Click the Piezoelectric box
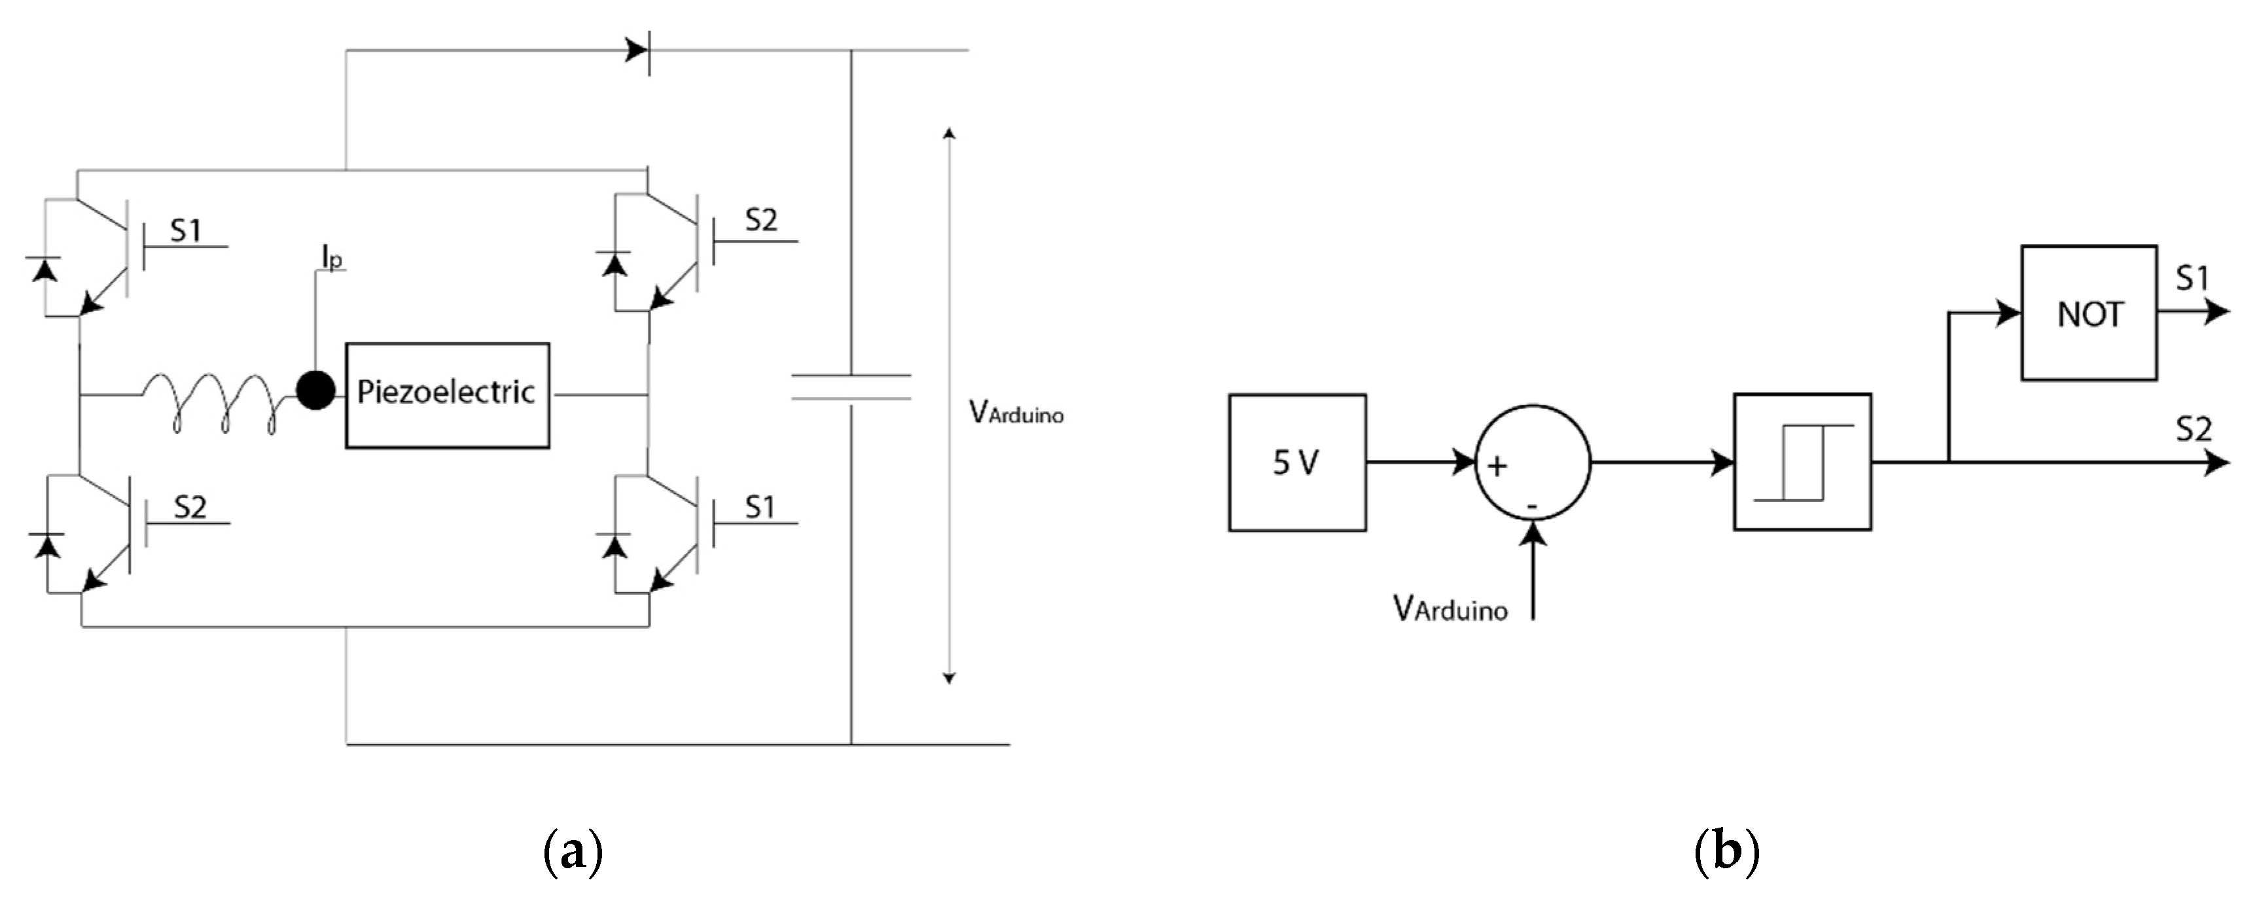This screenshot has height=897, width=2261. coord(447,395)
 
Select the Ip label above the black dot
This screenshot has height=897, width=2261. coord(332,258)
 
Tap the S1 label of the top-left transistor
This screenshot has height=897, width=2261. coord(185,231)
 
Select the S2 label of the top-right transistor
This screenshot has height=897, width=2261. coord(760,220)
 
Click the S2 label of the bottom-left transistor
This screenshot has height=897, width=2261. coord(190,507)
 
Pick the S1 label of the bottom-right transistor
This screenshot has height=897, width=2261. coord(760,507)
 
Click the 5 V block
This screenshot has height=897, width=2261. coord(1296,463)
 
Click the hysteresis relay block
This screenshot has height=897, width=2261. coord(1802,462)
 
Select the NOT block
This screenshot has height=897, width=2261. coord(2088,313)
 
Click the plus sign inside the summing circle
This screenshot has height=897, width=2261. coord(1497,465)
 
